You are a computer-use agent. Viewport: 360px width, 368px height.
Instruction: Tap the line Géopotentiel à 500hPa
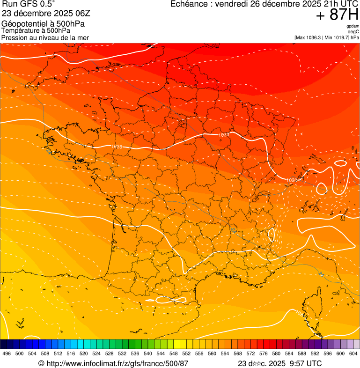(x=40, y=23)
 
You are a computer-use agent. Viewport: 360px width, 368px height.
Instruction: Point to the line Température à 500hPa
(x=36, y=30)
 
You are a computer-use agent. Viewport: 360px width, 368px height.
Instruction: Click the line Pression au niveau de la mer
(x=45, y=37)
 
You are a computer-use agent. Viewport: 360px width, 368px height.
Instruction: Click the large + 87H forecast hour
(x=337, y=15)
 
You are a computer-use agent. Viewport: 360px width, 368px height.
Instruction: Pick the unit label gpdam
(x=353, y=26)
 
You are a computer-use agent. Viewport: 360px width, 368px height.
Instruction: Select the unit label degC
(x=353, y=31)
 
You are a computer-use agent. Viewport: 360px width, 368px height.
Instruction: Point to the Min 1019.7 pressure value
(x=338, y=37)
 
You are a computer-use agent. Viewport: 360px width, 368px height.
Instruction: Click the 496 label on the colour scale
(x=7, y=354)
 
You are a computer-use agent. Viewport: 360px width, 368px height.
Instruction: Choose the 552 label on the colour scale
(x=186, y=354)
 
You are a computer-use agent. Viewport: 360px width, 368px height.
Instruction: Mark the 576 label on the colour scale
(x=264, y=354)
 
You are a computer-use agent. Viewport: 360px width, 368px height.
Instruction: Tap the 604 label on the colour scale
(x=353, y=354)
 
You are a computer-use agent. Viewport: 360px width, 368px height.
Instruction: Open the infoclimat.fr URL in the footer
(x=117, y=363)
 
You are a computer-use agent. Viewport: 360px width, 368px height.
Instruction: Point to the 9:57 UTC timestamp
(x=306, y=363)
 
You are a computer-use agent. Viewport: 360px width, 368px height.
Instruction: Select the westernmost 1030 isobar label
(x=117, y=147)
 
